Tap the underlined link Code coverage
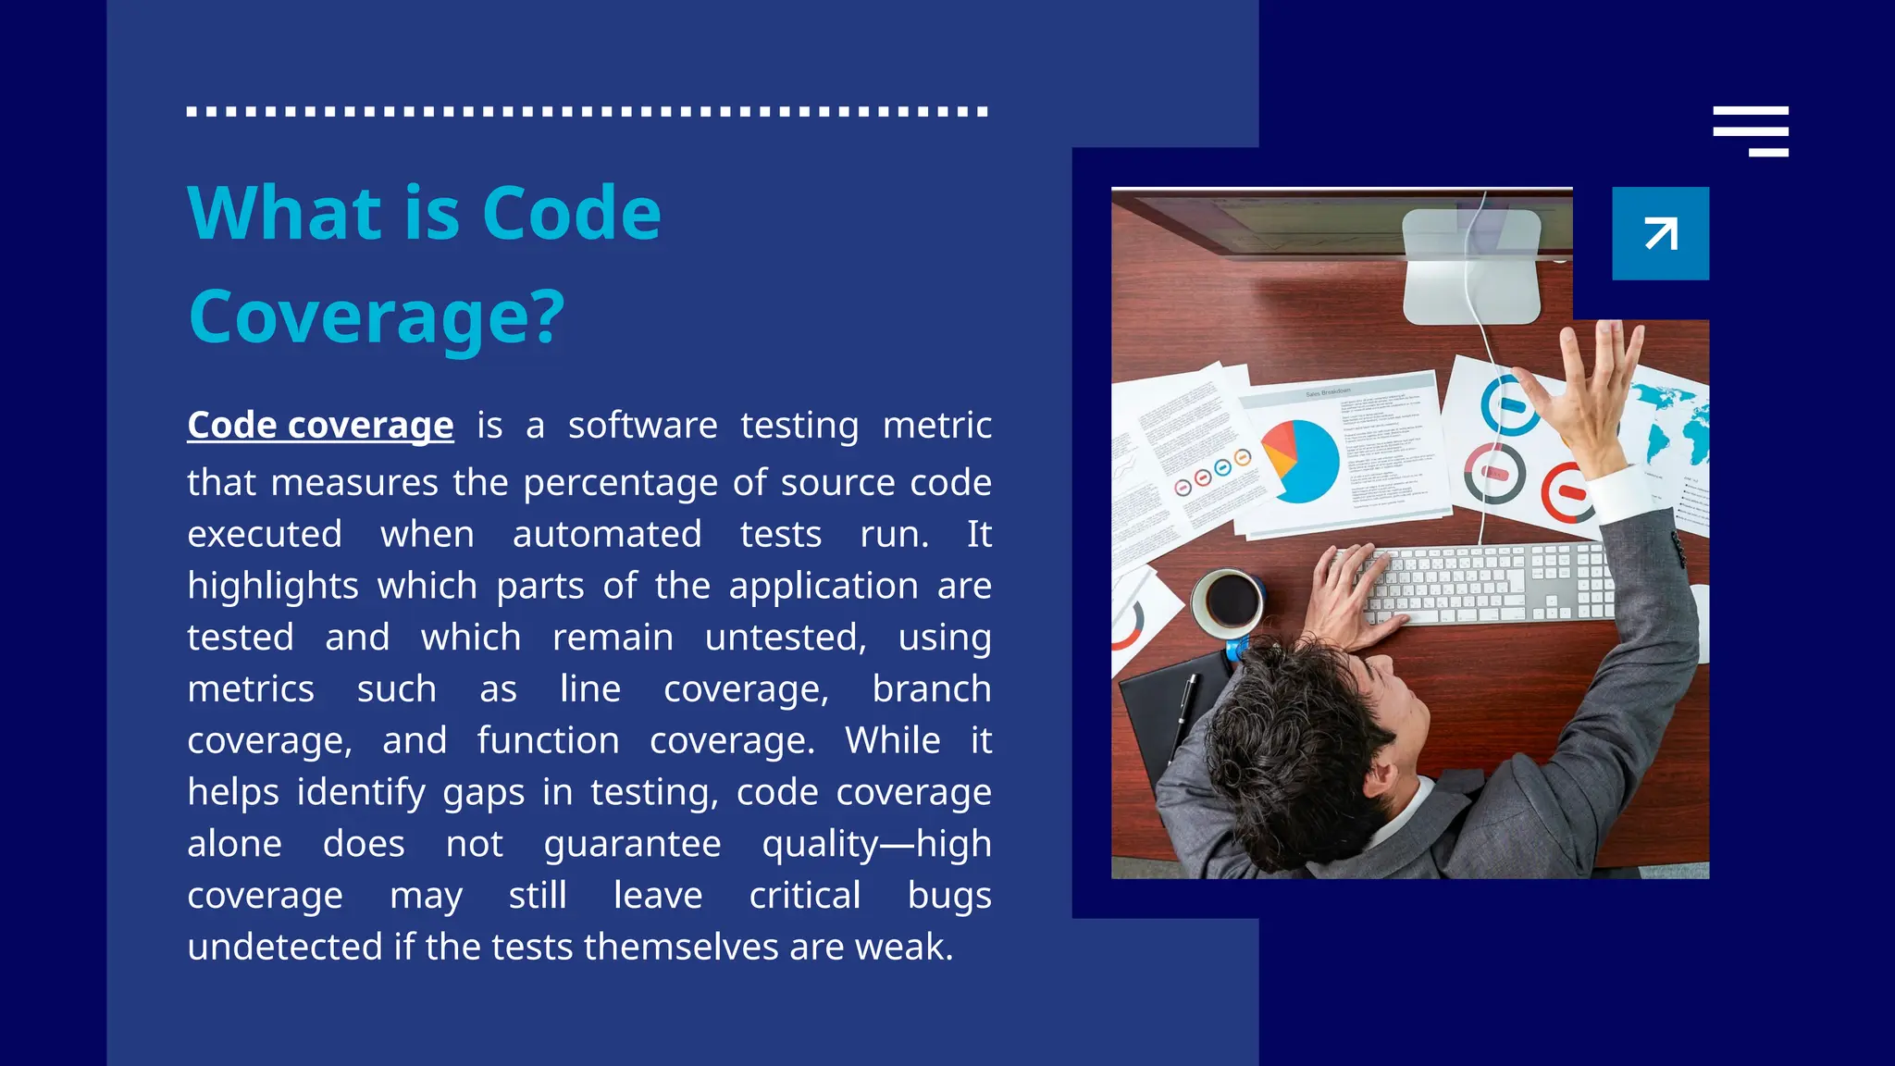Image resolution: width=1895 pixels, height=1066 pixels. click(x=320, y=425)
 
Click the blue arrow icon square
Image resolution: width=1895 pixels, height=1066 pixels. click(x=1660, y=233)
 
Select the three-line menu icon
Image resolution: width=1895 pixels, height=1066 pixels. click(x=1750, y=131)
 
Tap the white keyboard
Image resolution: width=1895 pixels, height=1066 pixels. click(x=1480, y=583)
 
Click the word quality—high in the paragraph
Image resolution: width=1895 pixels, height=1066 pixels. click(x=876, y=844)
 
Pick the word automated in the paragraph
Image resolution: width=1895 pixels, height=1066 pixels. click(x=607, y=534)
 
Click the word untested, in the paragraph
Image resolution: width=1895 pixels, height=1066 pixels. click(x=786, y=638)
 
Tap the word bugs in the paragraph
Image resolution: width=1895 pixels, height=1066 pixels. click(x=949, y=896)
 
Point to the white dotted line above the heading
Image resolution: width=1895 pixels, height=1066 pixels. click(x=588, y=111)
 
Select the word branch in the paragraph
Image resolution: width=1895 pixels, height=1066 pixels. click(x=931, y=689)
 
